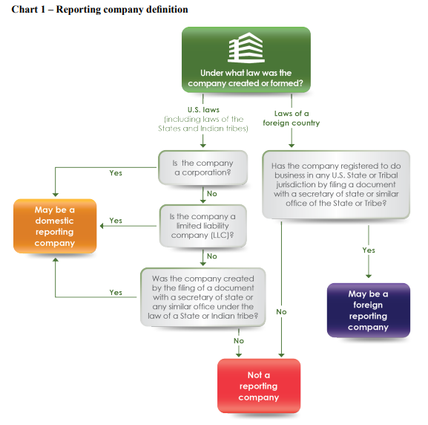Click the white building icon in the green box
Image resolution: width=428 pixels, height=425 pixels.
(246, 48)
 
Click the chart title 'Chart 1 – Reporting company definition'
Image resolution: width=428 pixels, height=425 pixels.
(99, 10)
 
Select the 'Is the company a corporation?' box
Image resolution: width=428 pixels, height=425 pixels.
(203, 168)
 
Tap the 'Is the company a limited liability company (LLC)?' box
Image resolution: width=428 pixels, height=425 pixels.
(203, 226)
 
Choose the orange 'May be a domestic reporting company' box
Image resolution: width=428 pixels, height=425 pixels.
(55, 226)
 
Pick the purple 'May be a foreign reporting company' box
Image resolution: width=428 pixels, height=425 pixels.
(369, 311)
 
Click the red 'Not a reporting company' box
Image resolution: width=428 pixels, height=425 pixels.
(259, 386)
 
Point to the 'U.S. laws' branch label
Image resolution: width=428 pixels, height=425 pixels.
(203, 110)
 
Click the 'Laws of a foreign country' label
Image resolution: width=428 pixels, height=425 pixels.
(292, 118)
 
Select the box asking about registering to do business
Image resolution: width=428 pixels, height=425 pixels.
(336, 184)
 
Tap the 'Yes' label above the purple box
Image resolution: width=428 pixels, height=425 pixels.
(369, 250)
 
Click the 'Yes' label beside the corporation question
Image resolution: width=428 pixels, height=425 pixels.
(116, 173)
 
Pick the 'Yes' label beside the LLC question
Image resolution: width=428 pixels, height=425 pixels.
(116, 221)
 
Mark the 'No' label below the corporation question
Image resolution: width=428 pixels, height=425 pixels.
(212, 194)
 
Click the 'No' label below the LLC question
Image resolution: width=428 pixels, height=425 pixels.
(212, 256)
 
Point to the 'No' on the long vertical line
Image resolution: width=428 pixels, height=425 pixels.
(281, 312)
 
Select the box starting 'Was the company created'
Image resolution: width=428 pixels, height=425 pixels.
(203, 297)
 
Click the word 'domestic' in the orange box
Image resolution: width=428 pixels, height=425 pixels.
(54, 221)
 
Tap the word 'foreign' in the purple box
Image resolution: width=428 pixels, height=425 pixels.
(368, 305)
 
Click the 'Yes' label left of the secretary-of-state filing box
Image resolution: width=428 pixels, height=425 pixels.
(116, 292)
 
